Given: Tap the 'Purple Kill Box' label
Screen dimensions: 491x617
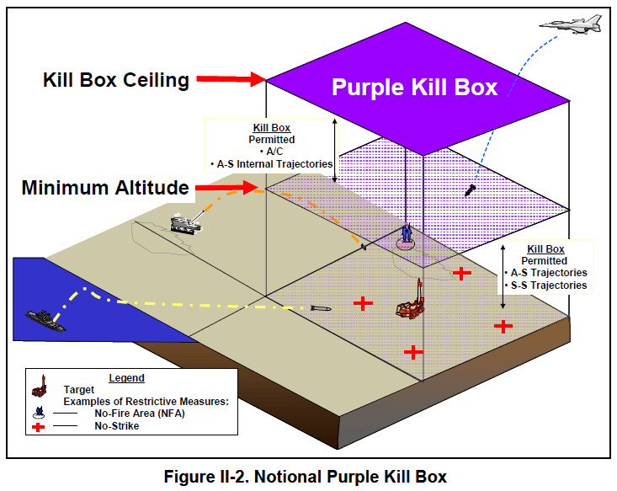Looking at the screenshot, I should pos(414,87).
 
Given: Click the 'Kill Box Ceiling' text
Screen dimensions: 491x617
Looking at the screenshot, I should pos(116,81).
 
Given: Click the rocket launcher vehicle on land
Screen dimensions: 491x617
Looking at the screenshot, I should pos(185,222).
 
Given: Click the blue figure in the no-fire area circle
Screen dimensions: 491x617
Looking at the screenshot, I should pos(407,233).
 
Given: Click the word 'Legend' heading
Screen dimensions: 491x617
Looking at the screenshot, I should pos(126,378).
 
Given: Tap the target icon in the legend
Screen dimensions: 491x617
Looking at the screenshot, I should pos(39,389).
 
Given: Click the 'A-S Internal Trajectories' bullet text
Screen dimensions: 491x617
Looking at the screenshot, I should pos(271,163).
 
